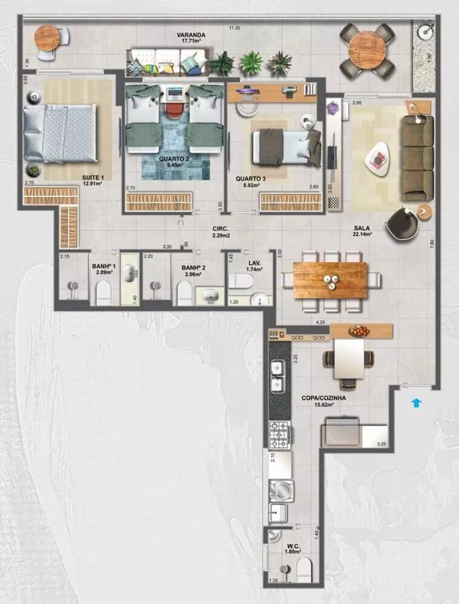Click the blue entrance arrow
point(415,402)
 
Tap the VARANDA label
point(191,36)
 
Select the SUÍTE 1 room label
point(93,178)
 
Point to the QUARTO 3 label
point(248,179)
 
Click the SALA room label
point(362,229)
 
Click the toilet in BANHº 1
point(104,295)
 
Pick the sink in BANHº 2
point(210,297)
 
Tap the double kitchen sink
point(279,376)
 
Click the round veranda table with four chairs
point(367,51)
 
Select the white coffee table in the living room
point(378,158)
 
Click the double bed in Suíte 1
point(60,132)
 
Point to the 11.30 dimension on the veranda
point(235,28)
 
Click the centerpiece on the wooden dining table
point(330,279)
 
